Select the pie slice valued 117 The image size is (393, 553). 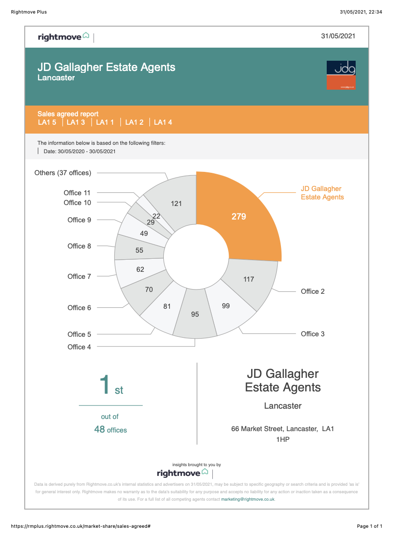249,279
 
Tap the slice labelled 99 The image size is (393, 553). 226,306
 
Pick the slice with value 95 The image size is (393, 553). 195,314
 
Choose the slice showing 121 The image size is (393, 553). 176,203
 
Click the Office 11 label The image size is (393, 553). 77,193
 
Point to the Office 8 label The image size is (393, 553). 79,246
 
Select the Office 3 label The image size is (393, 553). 313,334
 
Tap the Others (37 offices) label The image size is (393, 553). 63,173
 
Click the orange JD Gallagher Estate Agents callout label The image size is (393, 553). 322,193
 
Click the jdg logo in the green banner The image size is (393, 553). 341,75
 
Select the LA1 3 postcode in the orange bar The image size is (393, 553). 76,122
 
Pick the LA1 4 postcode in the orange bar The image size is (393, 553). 163,122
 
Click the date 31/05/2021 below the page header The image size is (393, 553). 338,36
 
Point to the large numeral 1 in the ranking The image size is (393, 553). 105,384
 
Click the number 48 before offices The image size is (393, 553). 99,429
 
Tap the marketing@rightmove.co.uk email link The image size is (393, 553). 247,499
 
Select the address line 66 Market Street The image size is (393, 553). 283,429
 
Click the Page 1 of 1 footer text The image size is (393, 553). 370,526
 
